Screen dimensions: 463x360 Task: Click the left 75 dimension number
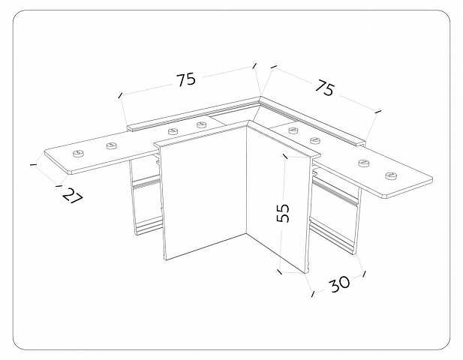pyautogui.click(x=186, y=79)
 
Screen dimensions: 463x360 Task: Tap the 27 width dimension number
pyautogui.click(x=73, y=196)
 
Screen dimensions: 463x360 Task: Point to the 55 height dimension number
pyautogui.click(x=283, y=213)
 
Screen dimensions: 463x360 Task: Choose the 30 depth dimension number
pyautogui.click(x=340, y=284)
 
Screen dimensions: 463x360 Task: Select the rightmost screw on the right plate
pyautogui.click(x=391, y=175)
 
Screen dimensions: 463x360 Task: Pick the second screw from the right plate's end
pyautogui.click(x=363, y=163)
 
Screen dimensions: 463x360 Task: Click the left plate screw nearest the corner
pyautogui.click(x=202, y=124)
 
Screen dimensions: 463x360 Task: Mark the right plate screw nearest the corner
pyautogui.click(x=293, y=129)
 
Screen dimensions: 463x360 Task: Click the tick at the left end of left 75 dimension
pyautogui.click(x=120, y=95)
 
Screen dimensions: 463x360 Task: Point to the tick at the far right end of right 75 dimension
pyautogui.click(x=377, y=112)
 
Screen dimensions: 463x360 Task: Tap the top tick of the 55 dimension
pyautogui.click(x=285, y=156)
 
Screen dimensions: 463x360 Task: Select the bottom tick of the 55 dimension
pyautogui.click(x=280, y=271)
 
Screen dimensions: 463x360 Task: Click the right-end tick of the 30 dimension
pyautogui.click(x=365, y=274)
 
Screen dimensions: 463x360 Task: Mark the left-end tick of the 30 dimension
pyautogui.click(x=313, y=293)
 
